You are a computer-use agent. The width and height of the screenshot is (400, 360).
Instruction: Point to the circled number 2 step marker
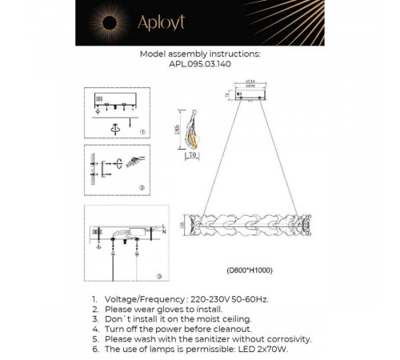click(142, 188)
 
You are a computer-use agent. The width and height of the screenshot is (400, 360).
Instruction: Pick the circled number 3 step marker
click(158, 276)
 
